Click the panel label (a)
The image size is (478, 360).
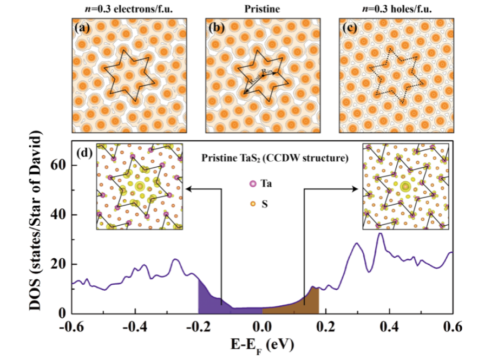tap(82, 27)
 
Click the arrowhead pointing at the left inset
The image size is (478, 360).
tap(187, 189)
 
